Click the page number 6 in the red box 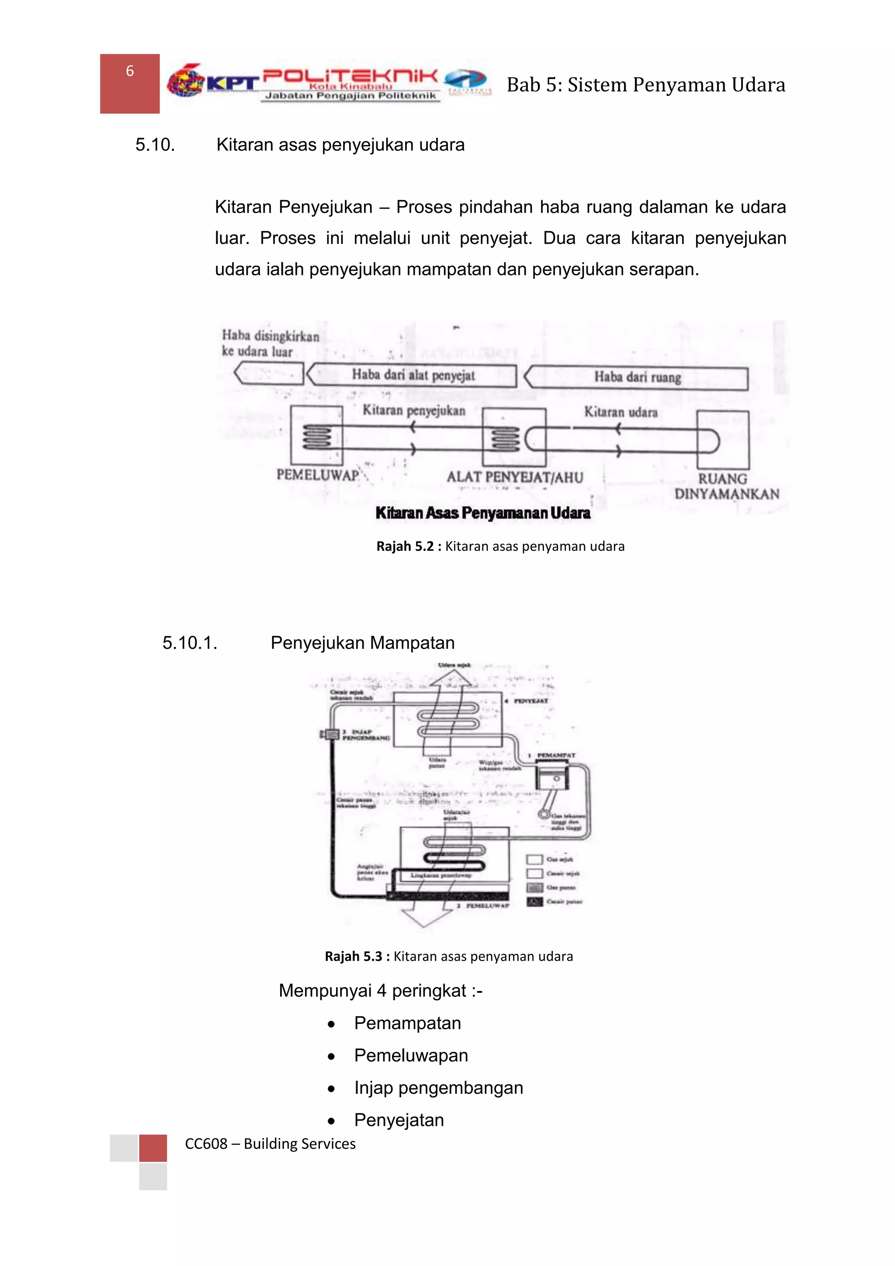click(x=130, y=71)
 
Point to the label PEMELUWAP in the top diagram click(x=317, y=475)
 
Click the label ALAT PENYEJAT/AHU click(x=515, y=477)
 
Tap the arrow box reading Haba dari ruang click(x=637, y=378)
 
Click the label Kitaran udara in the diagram click(x=621, y=412)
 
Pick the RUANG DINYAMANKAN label click(x=726, y=486)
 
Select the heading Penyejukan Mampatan click(x=362, y=643)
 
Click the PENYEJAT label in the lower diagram click(x=531, y=701)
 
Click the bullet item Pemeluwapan click(x=411, y=1055)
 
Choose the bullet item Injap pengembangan click(x=438, y=1088)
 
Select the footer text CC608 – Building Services click(x=270, y=1144)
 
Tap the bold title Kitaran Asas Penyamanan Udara click(x=483, y=513)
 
